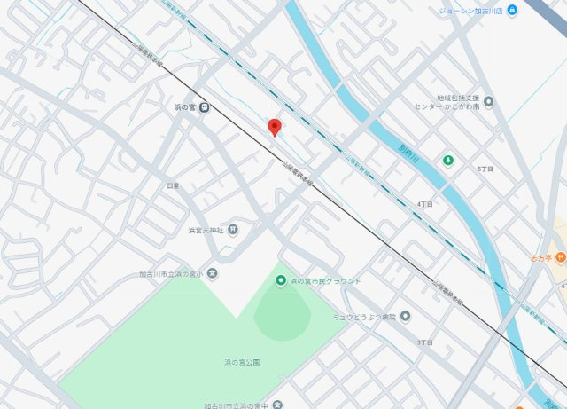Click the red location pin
click(275, 127)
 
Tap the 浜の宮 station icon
click(205, 108)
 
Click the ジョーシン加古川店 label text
click(470, 11)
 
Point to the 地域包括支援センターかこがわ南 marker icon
click(488, 101)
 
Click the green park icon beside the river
click(448, 161)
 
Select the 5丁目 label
click(485, 169)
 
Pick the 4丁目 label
click(424, 205)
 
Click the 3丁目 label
click(424, 342)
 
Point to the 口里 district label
click(173, 185)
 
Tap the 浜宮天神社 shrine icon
click(232, 230)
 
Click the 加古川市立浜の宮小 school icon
click(213, 274)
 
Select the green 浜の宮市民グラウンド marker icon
click(281, 281)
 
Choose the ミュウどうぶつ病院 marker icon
click(405, 316)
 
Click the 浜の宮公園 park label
click(242, 362)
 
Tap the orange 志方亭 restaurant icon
click(561, 258)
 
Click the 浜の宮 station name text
click(185, 108)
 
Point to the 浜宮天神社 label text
click(206, 230)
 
